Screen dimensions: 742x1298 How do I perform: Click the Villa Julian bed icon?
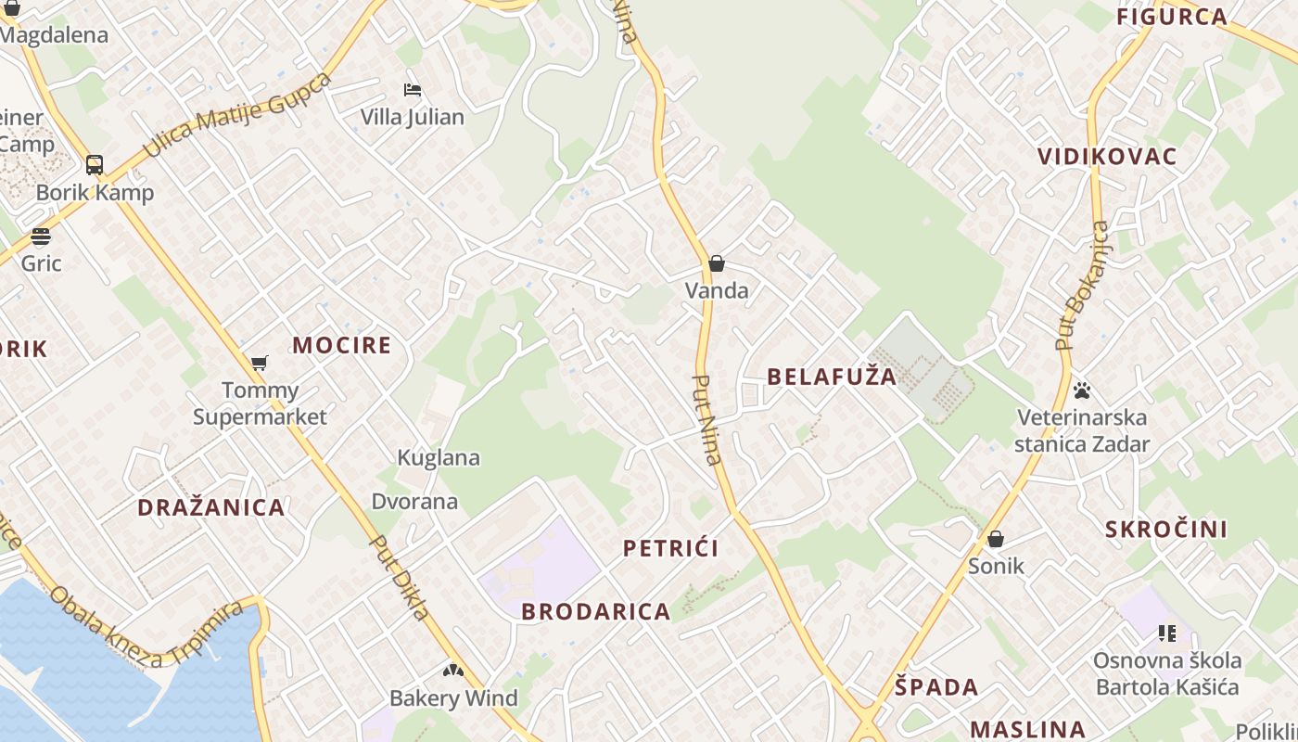coord(413,90)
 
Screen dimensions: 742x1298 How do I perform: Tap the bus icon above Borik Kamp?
coord(95,165)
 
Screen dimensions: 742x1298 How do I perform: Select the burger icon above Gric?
coord(40,236)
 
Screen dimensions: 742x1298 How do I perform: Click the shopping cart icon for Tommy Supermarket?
coord(260,363)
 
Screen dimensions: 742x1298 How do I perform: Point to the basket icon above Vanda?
coord(716,263)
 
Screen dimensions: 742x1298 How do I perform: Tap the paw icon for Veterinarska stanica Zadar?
coord(1081,390)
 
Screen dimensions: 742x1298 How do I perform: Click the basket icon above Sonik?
coord(996,539)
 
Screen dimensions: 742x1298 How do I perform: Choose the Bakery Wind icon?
coord(452,671)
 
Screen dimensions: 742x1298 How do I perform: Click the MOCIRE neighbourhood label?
coord(342,346)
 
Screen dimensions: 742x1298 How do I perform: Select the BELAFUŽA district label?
coord(833,377)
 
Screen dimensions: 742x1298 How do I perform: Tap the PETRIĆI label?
coord(671,548)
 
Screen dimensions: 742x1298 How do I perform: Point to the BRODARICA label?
coord(596,612)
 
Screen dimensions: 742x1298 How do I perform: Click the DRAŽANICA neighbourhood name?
coord(211,507)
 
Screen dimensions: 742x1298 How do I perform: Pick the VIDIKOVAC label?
coord(1107,157)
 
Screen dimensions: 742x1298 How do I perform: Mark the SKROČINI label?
coord(1166,530)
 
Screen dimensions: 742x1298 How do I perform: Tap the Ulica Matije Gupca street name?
coord(236,114)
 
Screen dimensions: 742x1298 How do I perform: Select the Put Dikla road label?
coord(400,576)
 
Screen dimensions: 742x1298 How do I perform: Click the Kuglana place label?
coord(439,457)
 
